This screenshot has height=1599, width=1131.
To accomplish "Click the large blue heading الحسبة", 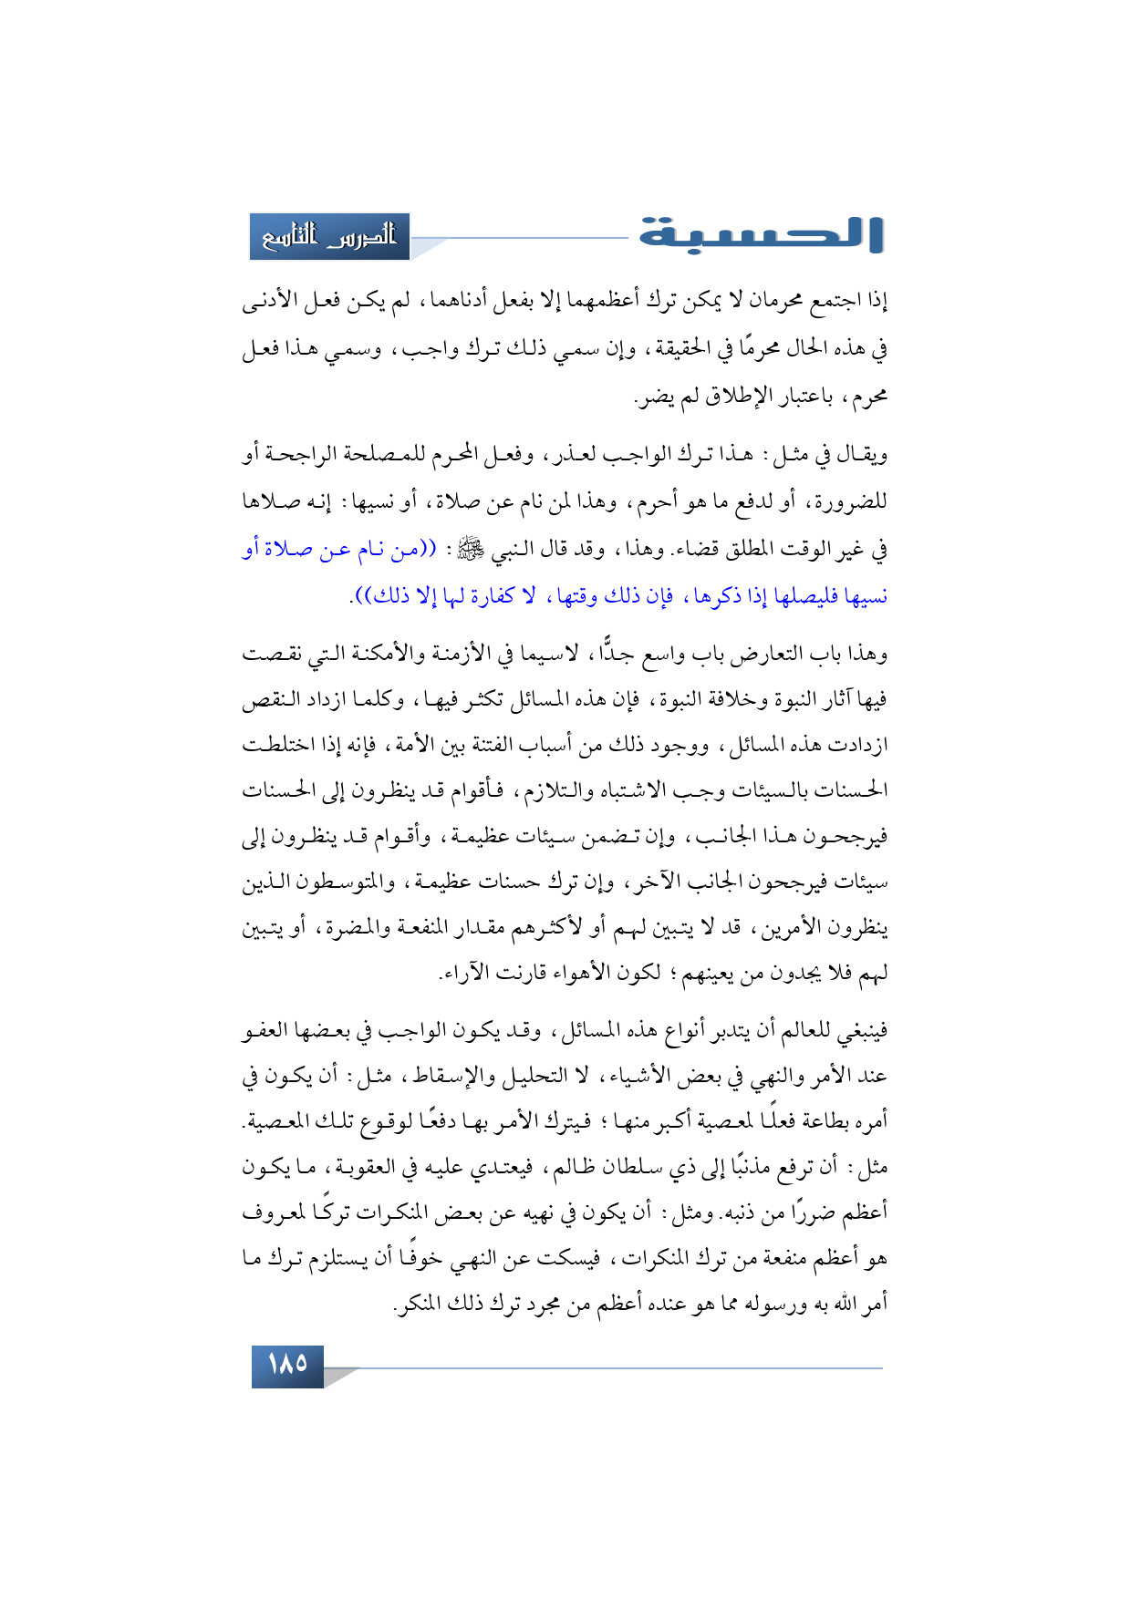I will click(x=762, y=234).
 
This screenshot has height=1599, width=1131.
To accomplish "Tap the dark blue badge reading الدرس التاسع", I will click(x=329, y=237).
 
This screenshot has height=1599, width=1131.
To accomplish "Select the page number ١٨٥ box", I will click(x=287, y=1364).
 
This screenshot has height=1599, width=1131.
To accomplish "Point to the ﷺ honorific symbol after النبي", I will click(x=472, y=549).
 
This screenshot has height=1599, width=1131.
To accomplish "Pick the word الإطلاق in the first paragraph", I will click(x=725, y=397).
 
